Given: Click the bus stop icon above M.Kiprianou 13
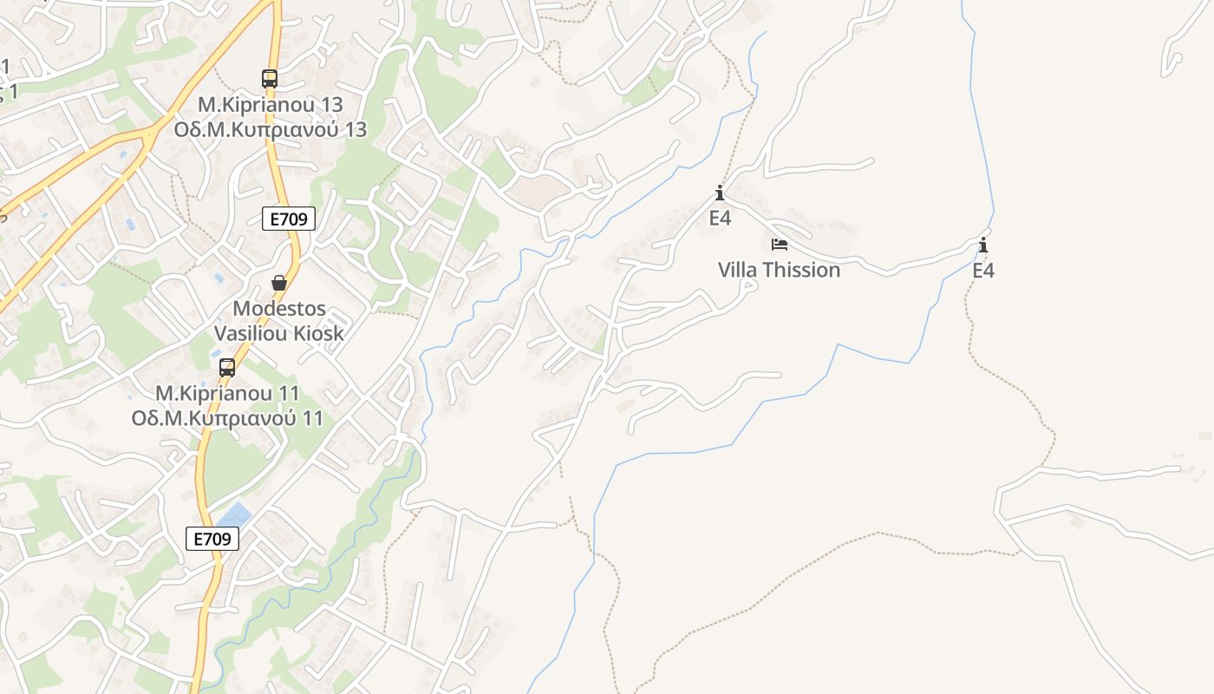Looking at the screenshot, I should point(270,79).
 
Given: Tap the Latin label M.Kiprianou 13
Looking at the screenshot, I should point(271,104).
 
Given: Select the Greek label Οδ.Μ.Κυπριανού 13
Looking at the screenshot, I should point(271,130).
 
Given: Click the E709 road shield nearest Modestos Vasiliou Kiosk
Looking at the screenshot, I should point(288,219).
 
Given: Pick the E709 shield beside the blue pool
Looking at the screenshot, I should point(212,539).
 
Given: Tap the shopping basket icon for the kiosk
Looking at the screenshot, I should point(279,283).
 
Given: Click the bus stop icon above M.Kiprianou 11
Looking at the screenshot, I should point(227,368).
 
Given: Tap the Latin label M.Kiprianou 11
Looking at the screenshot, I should point(227,393).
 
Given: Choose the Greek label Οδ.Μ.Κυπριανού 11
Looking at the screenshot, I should point(227,418).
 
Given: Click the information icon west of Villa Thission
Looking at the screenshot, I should point(720,193).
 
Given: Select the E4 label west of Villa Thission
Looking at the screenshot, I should point(720,218).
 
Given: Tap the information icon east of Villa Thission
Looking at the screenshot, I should point(982,246).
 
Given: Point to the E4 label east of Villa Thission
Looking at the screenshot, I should point(982,271).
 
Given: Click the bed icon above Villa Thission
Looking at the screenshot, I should point(780,245).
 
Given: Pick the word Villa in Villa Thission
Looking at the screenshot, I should point(737,270).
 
